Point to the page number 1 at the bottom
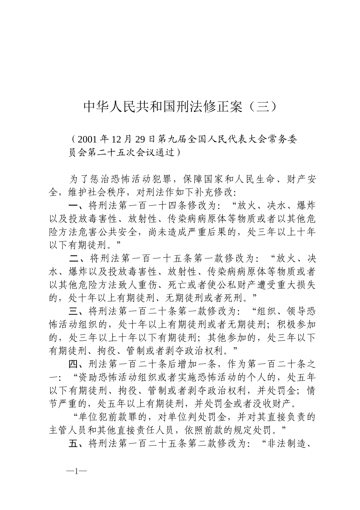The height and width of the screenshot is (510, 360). point(77,472)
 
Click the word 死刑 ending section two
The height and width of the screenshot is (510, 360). point(241,298)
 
